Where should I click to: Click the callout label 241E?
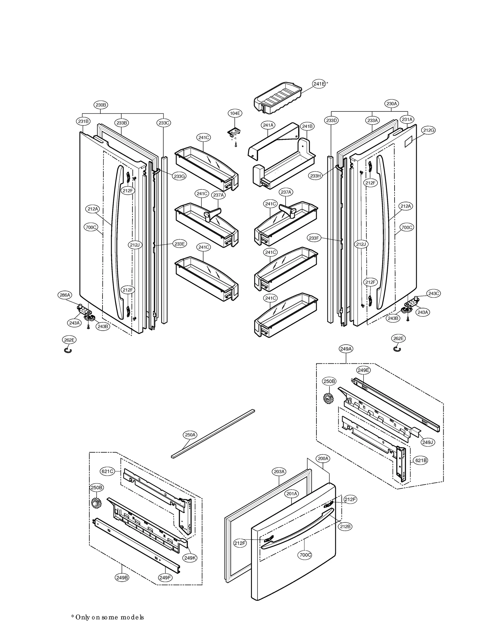click(x=319, y=84)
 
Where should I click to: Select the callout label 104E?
click(x=235, y=113)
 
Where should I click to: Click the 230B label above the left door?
click(x=101, y=105)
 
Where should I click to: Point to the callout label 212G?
click(x=429, y=130)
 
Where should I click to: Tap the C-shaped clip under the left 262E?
click(x=68, y=350)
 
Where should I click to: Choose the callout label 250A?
click(x=190, y=435)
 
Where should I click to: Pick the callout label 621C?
click(x=107, y=471)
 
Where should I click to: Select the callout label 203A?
click(x=279, y=471)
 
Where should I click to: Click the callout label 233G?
click(x=179, y=176)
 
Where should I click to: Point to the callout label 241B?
click(x=307, y=126)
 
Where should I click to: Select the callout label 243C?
click(x=433, y=293)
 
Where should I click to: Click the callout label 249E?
click(x=363, y=370)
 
